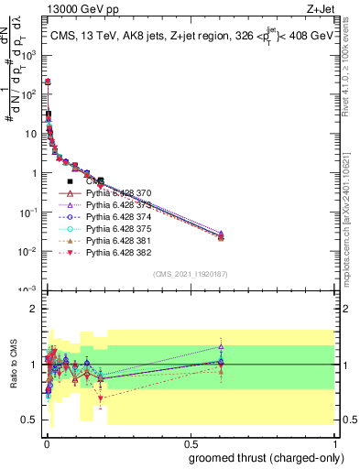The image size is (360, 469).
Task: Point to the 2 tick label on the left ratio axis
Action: tap(31, 310)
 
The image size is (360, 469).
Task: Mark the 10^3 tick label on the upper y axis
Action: tap(27, 55)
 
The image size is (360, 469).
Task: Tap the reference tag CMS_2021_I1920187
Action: tap(190, 274)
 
